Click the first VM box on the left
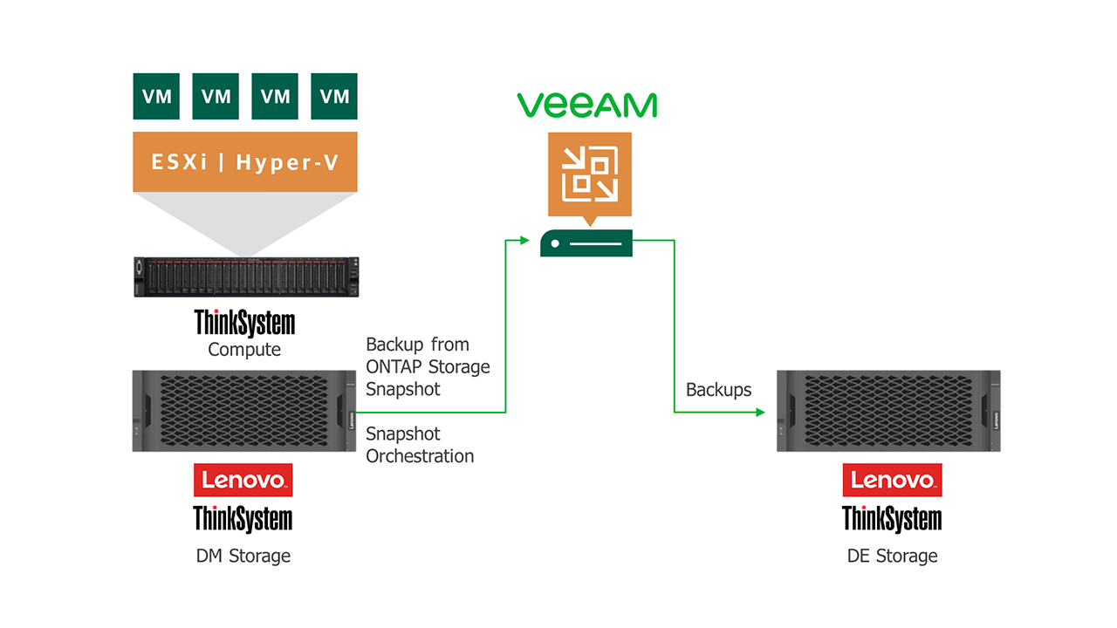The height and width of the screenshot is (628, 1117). coord(156,96)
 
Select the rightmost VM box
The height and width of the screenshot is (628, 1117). coord(334,96)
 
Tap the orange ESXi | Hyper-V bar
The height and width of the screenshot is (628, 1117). coord(245,161)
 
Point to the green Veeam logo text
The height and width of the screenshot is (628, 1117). coord(586,105)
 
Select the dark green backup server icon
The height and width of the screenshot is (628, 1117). coord(586,243)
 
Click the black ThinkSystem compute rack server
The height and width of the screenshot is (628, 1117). coord(245,277)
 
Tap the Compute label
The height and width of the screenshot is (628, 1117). coord(244,350)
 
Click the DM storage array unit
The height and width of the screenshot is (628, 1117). coord(244,411)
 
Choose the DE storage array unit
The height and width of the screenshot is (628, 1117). coord(888,411)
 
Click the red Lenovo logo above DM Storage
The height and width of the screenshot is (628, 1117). coord(243,480)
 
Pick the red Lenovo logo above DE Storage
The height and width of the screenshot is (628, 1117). coord(892,480)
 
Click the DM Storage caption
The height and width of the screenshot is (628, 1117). coord(243,556)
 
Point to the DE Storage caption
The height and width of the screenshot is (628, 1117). coord(892,556)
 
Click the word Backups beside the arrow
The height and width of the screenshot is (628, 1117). coord(718,390)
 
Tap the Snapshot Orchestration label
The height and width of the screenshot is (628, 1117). coord(420,445)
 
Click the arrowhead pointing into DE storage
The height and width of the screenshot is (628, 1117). coord(760,411)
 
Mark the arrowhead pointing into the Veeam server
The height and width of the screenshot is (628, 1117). coord(524,239)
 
